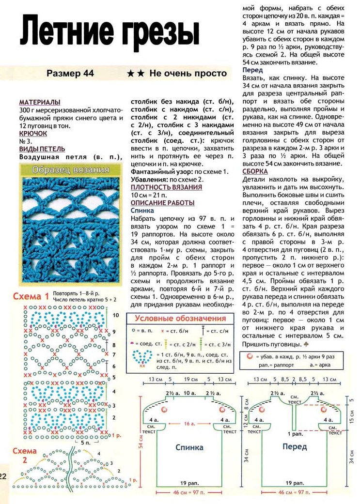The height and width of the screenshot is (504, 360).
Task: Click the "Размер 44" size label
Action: (x=70, y=74)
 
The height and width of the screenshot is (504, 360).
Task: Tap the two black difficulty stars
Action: (x=135, y=74)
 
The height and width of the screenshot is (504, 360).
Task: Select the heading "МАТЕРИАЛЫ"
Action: (x=40, y=102)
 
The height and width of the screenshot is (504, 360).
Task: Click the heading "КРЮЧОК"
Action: (x=33, y=133)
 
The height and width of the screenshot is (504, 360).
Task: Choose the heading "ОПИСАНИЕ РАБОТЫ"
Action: (x=163, y=203)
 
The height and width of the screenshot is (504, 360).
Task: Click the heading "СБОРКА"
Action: (x=255, y=171)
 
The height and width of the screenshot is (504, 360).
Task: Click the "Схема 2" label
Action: (x=25, y=456)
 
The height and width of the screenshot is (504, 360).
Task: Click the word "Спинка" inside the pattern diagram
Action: (x=189, y=447)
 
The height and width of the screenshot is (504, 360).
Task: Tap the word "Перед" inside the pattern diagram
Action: (x=295, y=446)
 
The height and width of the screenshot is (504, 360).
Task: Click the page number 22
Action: (x=3, y=476)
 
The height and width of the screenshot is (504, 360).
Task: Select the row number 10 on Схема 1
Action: (x=115, y=315)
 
